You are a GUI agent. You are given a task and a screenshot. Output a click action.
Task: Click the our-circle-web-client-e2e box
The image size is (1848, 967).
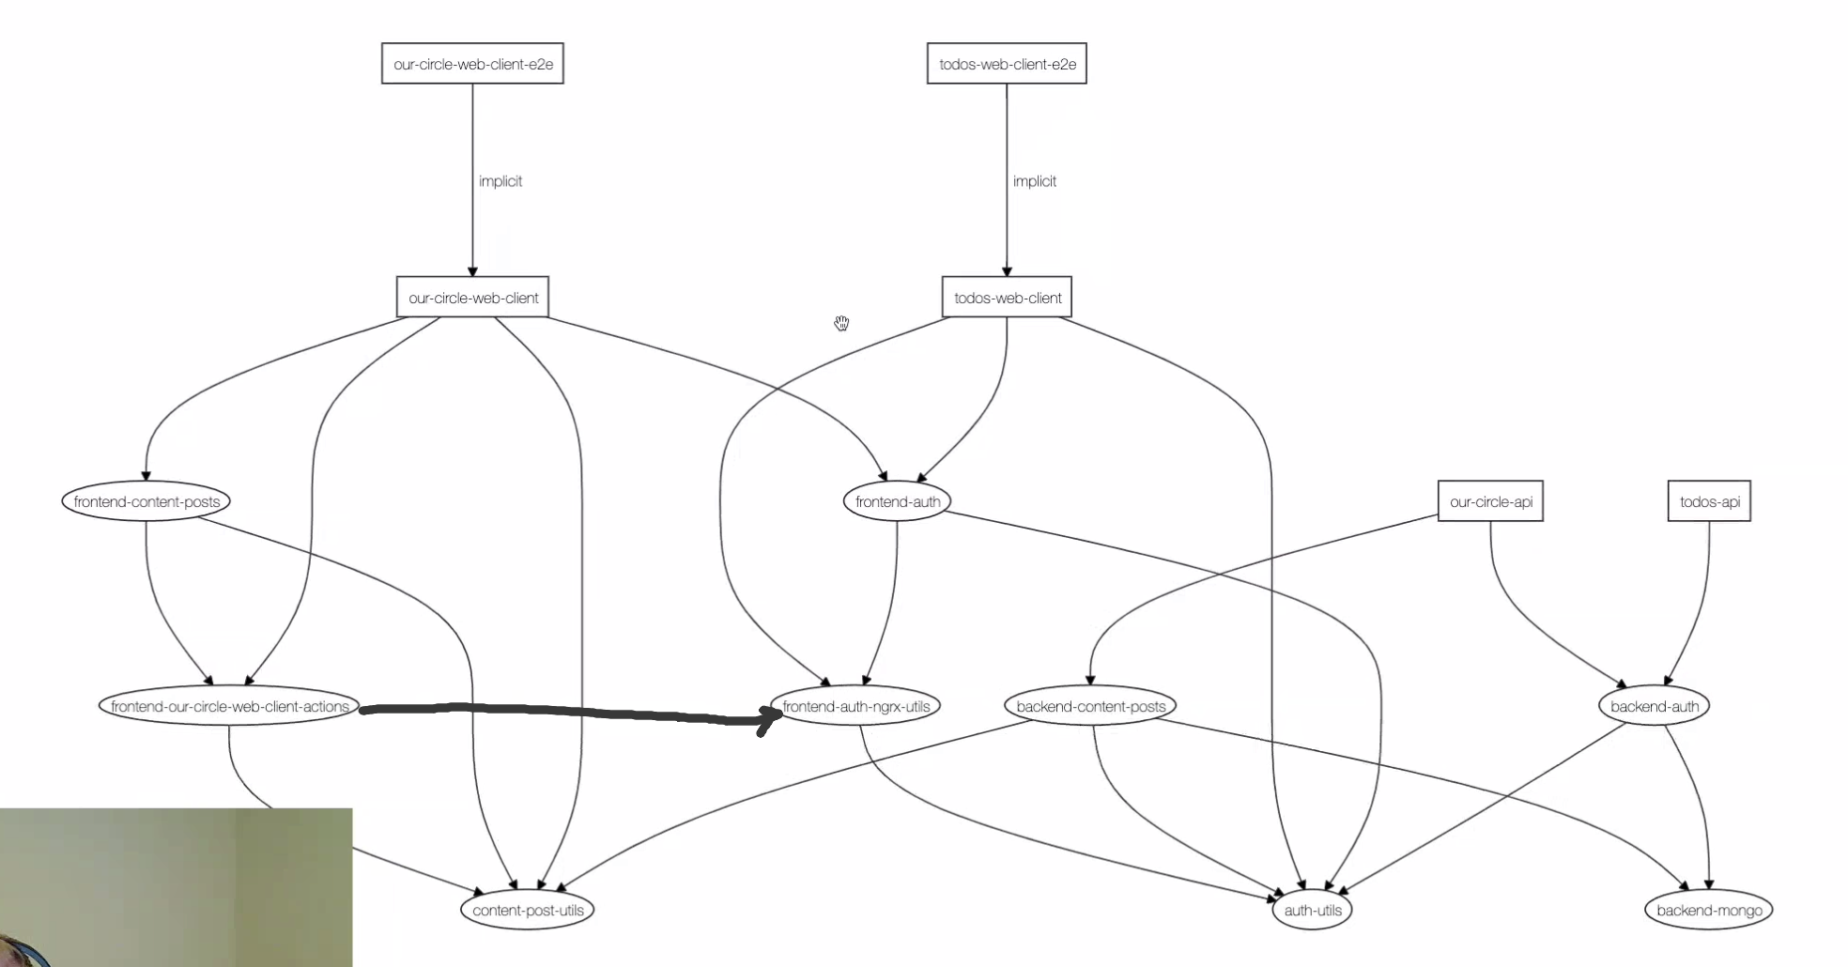pyautogui.click(x=472, y=64)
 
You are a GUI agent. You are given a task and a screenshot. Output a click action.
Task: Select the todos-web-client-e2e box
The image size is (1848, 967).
pyautogui.click(x=1007, y=64)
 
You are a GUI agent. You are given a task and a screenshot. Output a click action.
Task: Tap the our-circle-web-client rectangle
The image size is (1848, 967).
pyautogui.click(x=472, y=298)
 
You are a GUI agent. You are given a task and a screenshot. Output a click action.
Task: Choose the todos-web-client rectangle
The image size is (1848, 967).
pyautogui.click(x=1007, y=298)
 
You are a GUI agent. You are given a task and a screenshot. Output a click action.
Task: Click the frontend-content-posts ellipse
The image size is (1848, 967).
pyautogui.click(x=146, y=501)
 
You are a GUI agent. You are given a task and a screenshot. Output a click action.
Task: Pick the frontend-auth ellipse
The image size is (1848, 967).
pyautogui.click(x=897, y=501)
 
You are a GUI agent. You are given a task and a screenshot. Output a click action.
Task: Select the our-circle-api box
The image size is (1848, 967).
pyautogui.click(x=1490, y=501)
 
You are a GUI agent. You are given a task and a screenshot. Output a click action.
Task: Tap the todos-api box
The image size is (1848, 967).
pyautogui.click(x=1709, y=501)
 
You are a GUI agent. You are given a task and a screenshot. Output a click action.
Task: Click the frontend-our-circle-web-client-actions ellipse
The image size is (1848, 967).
pyautogui.click(x=229, y=706)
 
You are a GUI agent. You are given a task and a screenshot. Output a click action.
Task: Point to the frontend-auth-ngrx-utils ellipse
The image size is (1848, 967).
pyautogui.click(x=855, y=706)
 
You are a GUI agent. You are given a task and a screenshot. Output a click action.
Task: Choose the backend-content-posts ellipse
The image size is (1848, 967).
pyautogui.click(x=1090, y=706)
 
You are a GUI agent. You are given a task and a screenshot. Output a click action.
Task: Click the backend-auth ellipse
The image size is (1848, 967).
pyautogui.click(x=1654, y=706)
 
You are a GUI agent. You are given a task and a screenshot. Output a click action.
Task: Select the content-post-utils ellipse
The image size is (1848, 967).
pyautogui.click(x=527, y=910)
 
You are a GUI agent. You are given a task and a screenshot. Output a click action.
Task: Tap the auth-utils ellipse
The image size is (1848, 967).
pyautogui.click(x=1312, y=910)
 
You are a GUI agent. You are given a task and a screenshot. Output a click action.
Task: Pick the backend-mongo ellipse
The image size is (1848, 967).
pyautogui.click(x=1708, y=910)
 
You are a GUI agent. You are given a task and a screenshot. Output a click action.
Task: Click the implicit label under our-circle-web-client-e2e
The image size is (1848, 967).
pyautogui.click(x=500, y=181)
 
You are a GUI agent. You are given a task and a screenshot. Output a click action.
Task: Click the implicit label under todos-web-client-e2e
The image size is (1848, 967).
pyautogui.click(x=1034, y=181)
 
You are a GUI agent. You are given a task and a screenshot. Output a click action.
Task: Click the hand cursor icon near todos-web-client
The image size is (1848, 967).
pyautogui.click(x=841, y=324)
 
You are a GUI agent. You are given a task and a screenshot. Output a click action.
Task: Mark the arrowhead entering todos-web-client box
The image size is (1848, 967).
pyautogui.click(x=1007, y=271)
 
